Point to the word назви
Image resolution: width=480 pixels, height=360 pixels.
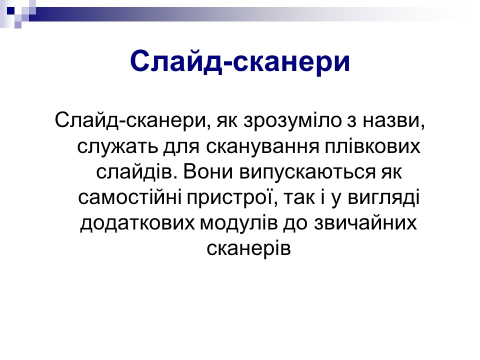[x=393, y=121]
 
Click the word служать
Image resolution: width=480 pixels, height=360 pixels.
[x=117, y=147]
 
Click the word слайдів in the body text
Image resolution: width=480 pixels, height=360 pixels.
[x=134, y=172]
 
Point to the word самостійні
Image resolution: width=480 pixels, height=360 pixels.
[x=129, y=197]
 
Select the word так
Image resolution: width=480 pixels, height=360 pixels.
[x=298, y=198]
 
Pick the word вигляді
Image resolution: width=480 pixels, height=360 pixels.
[x=384, y=198]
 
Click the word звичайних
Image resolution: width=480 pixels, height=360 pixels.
[x=365, y=223]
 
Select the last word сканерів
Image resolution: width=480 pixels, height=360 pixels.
[x=248, y=248]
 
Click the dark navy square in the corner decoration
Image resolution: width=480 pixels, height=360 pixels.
[x=10, y=11]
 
